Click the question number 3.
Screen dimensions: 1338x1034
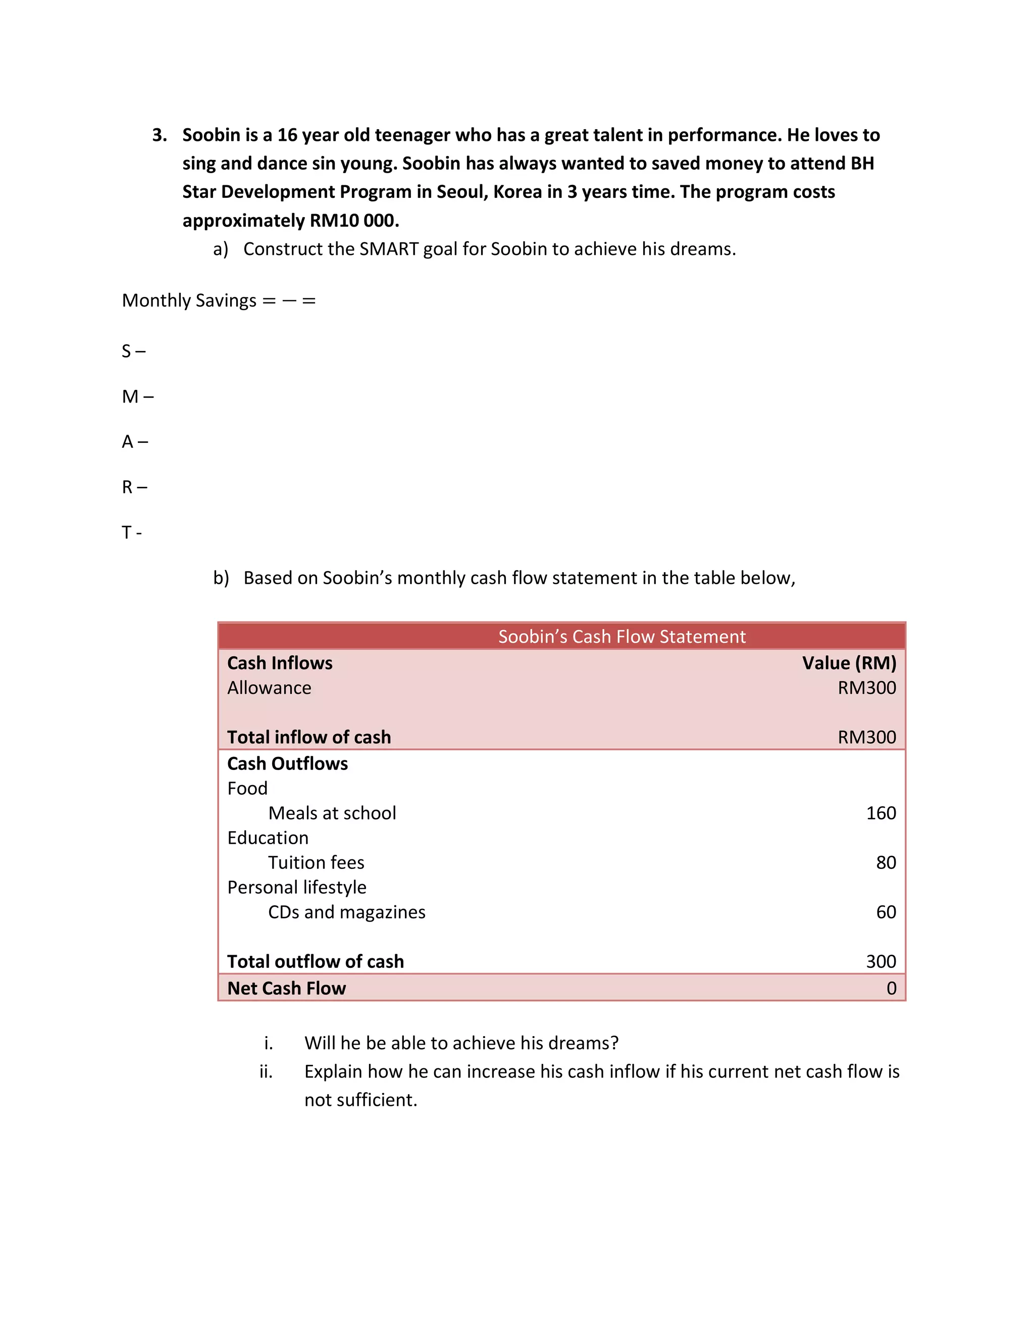[x=159, y=135]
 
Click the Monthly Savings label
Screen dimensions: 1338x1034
[x=189, y=301]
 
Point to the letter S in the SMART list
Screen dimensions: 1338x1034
[x=126, y=351]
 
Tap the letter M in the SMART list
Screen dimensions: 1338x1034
[x=130, y=397]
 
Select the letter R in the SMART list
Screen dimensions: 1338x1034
[x=127, y=488]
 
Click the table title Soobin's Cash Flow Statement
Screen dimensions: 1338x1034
[x=621, y=637]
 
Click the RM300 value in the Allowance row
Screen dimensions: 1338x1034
[x=866, y=688]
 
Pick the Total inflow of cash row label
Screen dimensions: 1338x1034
[x=308, y=737]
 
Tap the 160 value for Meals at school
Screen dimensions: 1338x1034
[x=880, y=813]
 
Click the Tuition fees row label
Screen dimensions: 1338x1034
[x=316, y=862]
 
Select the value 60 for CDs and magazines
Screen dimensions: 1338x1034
[x=885, y=912]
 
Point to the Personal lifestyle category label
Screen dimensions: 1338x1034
[x=296, y=887]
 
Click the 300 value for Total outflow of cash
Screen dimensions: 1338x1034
[x=880, y=961]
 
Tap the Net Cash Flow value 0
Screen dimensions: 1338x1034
[x=891, y=988]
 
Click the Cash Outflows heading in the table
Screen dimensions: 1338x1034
[x=287, y=763]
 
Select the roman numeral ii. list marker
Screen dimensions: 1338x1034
[x=266, y=1071]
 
